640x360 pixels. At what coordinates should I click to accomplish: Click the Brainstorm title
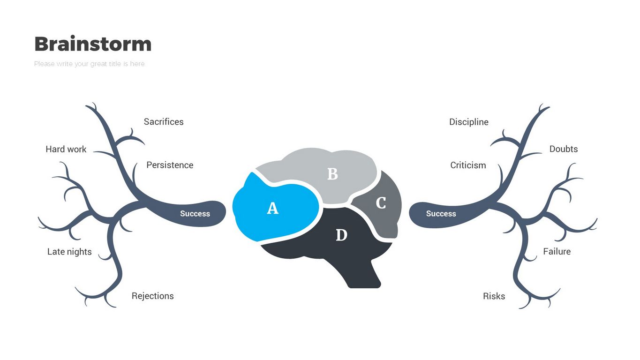coord(93,44)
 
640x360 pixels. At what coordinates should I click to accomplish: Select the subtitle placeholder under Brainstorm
coord(89,64)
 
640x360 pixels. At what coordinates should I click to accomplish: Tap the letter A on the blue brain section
coord(272,208)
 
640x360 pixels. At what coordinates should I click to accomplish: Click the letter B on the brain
coord(332,174)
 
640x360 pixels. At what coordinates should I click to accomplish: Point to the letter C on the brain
coord(381,203)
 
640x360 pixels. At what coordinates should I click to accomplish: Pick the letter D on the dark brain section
coord(341,235)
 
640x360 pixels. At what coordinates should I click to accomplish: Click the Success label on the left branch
coord(195,214)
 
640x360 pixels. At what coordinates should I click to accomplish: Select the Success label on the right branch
coord(441,214)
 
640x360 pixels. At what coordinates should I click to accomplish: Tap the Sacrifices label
coord(164,122)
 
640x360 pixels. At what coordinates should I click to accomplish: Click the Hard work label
coord(66,149)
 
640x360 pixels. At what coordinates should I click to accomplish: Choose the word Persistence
coord(170,165)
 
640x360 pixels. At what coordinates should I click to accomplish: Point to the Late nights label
coord(69,252)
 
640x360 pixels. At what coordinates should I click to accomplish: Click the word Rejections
coord(152,296)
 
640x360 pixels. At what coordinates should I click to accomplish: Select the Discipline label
coord(468,122)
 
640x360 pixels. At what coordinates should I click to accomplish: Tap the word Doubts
coord(563,149)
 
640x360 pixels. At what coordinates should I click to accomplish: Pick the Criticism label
coord(468,165)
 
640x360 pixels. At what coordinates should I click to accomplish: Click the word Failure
coord(557,252)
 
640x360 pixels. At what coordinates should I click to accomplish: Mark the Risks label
coord(494,296)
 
